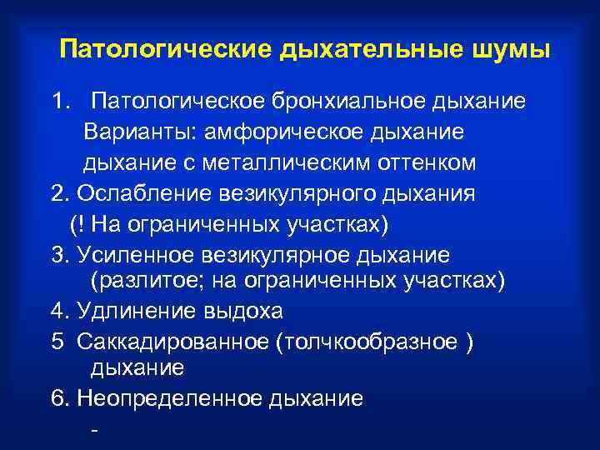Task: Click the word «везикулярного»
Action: pos(301,193)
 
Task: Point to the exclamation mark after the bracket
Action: pos(80,223)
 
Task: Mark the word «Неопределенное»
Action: pos(170,397)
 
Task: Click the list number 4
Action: pos(57,311)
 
